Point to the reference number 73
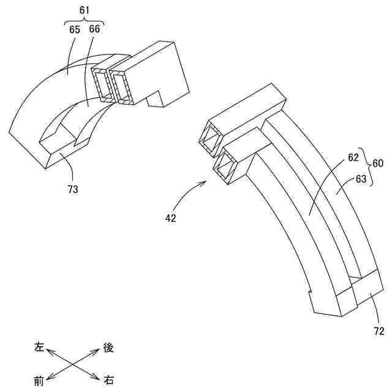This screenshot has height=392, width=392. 73,190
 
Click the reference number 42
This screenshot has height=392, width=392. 170,218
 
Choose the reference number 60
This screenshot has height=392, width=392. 379,164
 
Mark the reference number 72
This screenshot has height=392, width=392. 379,331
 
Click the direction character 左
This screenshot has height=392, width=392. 39,347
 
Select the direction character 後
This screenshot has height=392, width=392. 108,347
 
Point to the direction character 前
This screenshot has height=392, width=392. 39,381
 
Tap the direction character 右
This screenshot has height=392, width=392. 108,381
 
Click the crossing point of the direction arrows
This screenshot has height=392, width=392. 73,364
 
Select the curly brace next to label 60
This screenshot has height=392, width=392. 367,164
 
